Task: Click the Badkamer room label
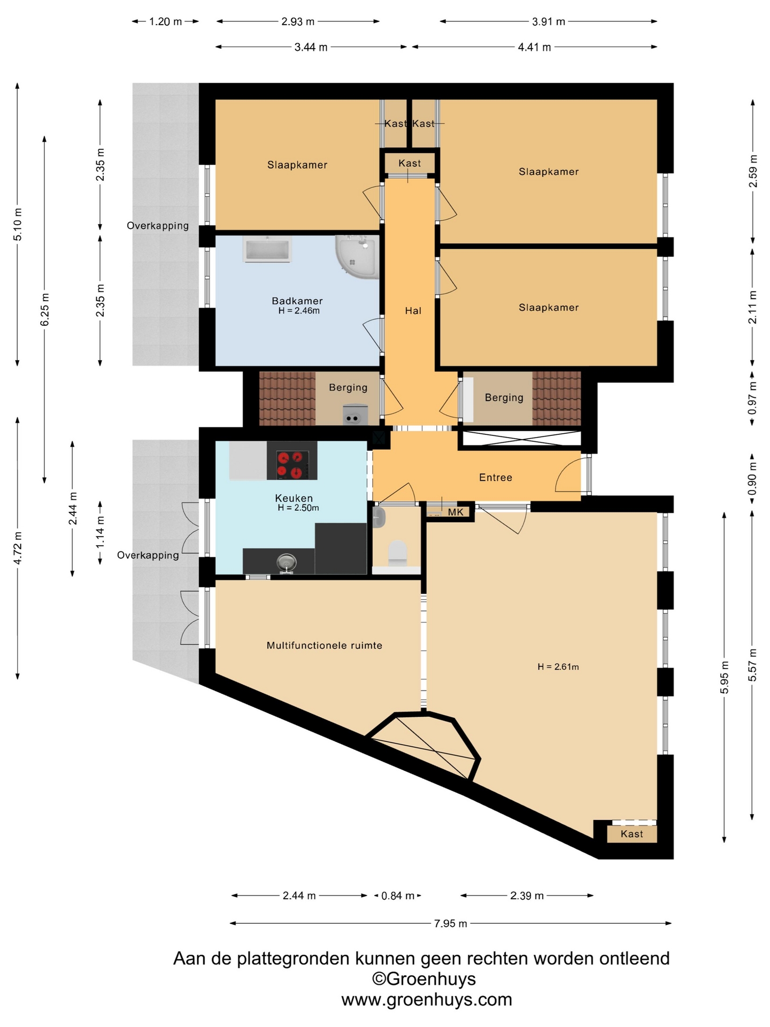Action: pos(297,301)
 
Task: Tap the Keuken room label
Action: pos(294,498)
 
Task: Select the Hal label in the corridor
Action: pos(413,311)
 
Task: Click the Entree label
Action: pos(496,477)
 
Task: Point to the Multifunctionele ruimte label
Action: pos(325,645)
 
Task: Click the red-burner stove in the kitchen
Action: pos(292,461)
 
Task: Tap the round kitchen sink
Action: pos(287,562)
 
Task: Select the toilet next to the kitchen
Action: pos(397,553)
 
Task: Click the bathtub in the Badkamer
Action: pos(267,249)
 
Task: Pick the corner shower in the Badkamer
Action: pos(358,256)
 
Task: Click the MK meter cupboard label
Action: pos(456,512)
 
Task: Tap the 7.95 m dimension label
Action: pos(451,923)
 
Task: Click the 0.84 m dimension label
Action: pos(398,895)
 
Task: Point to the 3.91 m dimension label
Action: pos(549,21)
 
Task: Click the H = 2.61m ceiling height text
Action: pos(558,666)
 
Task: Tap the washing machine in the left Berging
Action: pos(355,415)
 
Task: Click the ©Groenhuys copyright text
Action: pos(424,979)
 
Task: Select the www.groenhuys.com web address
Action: pos(427,999)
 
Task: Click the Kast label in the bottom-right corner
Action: pos(632,834)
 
